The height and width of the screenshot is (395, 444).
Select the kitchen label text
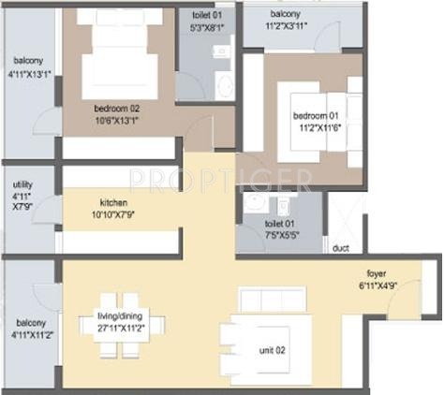point(120,202)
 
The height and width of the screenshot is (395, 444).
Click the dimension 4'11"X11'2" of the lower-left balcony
point(30,329)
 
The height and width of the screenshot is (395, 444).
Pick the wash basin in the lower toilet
point(253,205)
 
